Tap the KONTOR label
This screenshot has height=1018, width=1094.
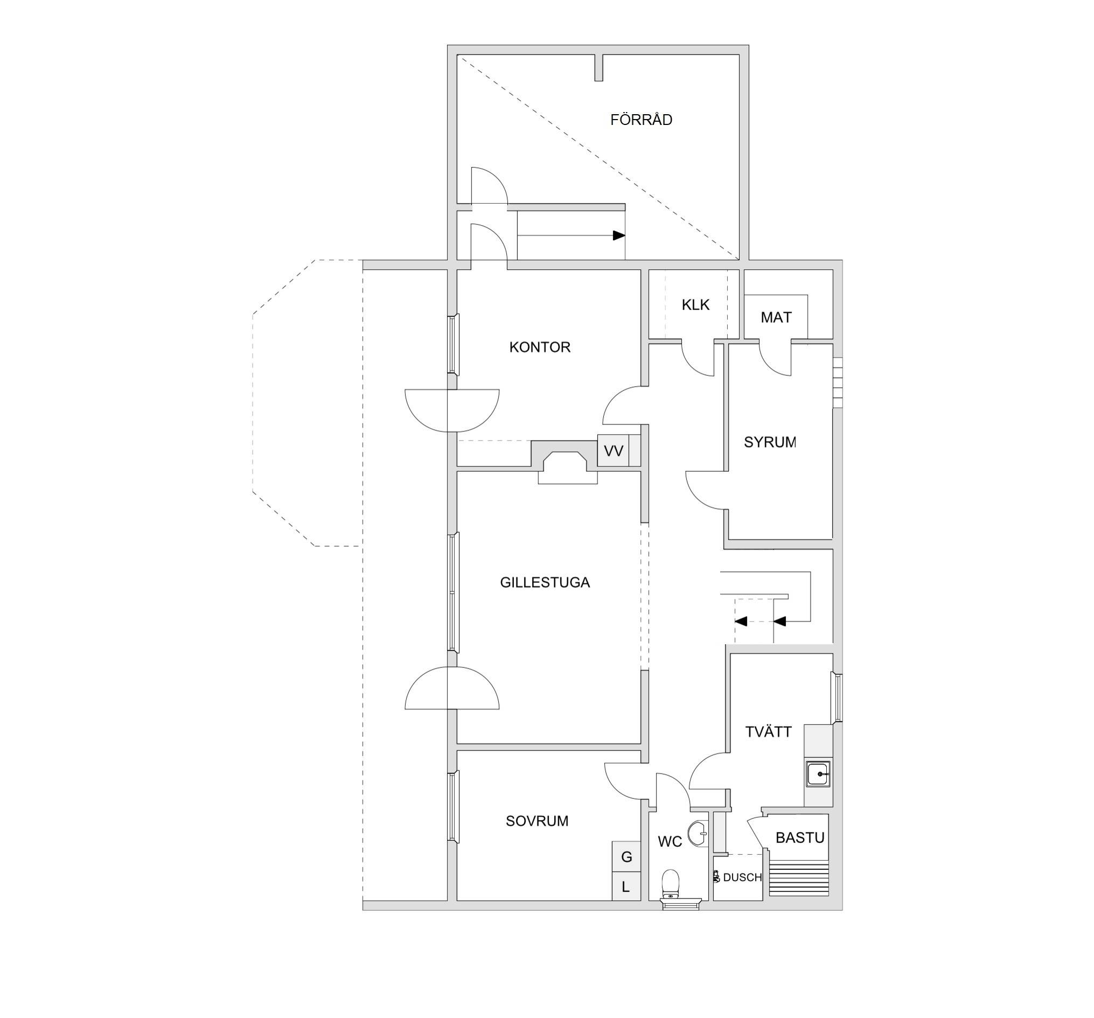pyautogui.click(x=540, y=347)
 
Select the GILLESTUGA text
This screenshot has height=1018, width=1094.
pyautogui.click(x=545, y=582)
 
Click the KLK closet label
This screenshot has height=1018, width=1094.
pyautogui.click(x=695, y=305)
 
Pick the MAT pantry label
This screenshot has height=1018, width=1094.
pyautogui.click(x=776, y=317)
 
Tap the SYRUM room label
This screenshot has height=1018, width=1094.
pyautogui.click(x=770, y=442)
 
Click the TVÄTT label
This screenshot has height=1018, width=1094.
pyautogui.click(x=768, y=732)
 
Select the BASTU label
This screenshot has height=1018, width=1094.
pyautogui.click(x=799, y=838)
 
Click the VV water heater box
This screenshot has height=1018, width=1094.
pyautogui.click(x=614, y=451)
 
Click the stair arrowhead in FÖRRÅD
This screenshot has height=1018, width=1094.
pyautogui.click(x=619, y=235)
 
